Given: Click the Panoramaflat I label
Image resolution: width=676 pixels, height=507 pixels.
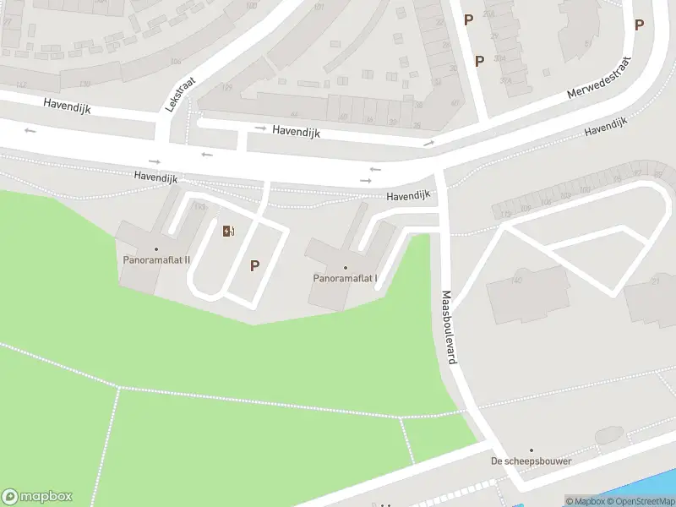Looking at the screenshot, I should [345, 278].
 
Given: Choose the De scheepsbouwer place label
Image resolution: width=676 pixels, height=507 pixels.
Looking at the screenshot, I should [531, 461].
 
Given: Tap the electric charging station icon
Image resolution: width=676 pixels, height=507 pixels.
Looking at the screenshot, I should [228, 231].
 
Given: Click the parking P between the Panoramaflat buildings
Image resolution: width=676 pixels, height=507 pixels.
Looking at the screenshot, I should [254, 265].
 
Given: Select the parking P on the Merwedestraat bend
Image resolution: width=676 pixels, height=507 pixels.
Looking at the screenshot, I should [639, 25].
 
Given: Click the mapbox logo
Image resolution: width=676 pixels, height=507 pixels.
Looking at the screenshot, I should [37, 497].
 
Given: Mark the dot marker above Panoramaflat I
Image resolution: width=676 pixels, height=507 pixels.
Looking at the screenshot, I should [345, 268].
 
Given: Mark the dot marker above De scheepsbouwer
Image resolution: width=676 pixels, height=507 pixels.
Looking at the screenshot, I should [531, 450].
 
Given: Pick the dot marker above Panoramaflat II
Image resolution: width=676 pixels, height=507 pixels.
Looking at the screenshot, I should [155, 248].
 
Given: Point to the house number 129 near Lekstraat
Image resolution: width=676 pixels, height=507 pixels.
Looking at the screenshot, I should [226, 88].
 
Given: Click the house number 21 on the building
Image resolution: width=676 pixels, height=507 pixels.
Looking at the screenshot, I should [655, 281].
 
